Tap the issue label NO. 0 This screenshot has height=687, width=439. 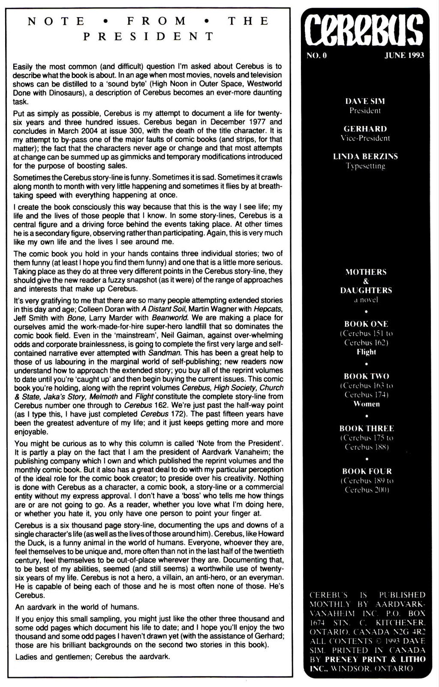click(317, 55)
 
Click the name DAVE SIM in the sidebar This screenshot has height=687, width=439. click(365, 101)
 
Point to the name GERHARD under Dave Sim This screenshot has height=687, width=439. click(365, 129)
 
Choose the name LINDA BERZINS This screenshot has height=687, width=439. click(365, 156)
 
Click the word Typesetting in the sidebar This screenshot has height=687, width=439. click(365, 166)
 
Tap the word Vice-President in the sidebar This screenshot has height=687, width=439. click(365, 138)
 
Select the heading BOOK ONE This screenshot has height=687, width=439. click(366, 324)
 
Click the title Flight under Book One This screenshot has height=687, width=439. click(366, 352)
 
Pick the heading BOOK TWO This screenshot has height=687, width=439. click(366, 376)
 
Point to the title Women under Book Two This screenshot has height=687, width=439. click(366, 404)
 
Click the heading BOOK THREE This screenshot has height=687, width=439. click(366, 428)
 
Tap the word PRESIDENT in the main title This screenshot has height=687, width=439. click(148, 36)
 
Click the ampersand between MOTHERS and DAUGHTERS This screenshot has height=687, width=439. click(366, 281)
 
